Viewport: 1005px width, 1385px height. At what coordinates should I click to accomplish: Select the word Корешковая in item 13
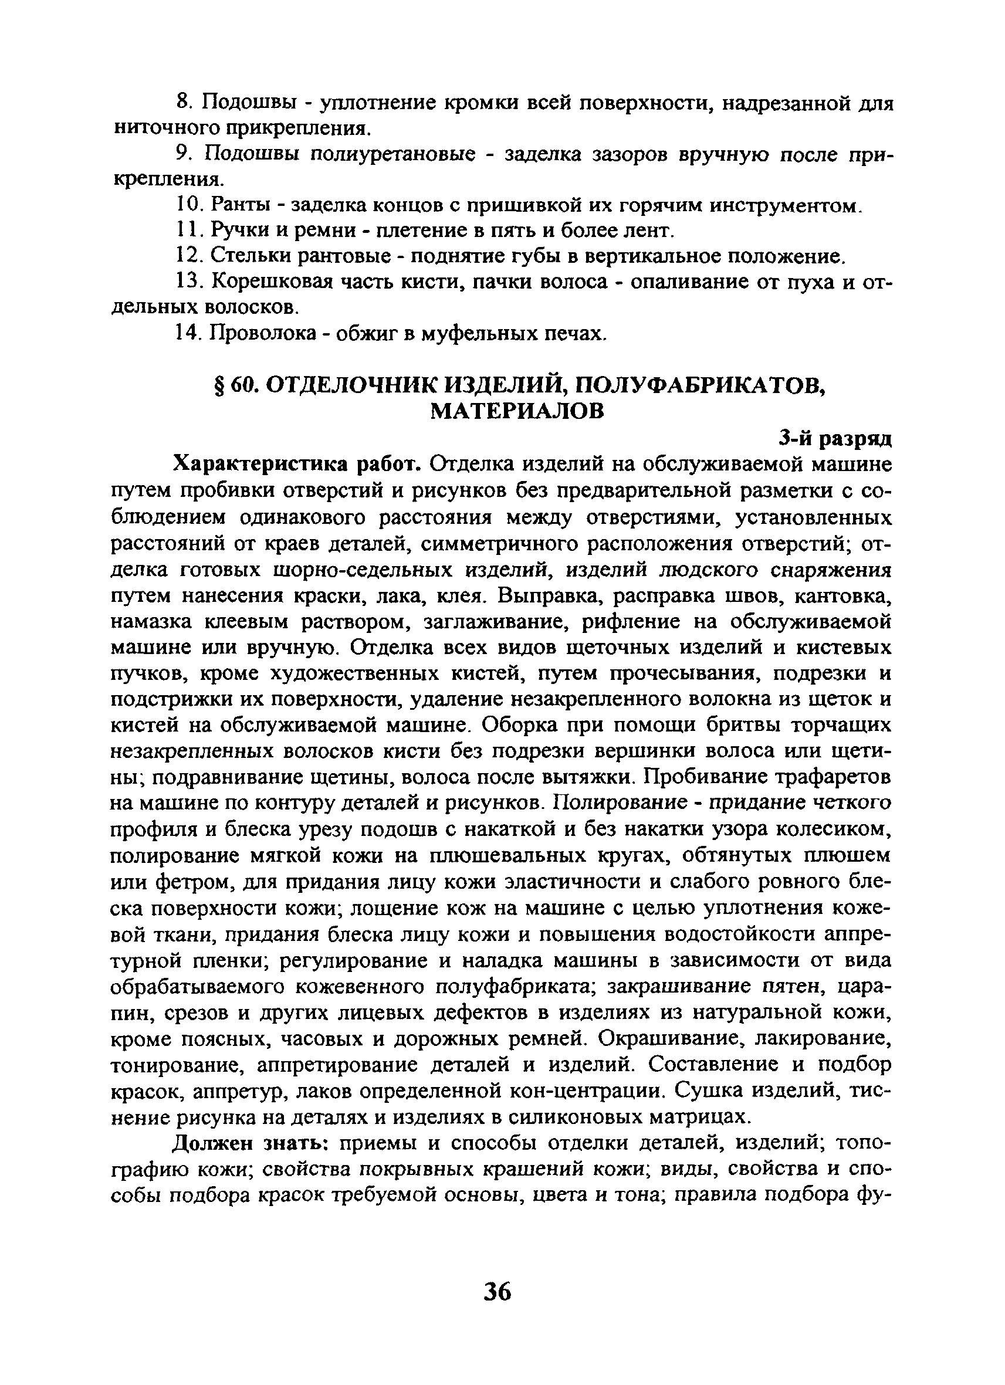pyautogui.click(x=271, y=282)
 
